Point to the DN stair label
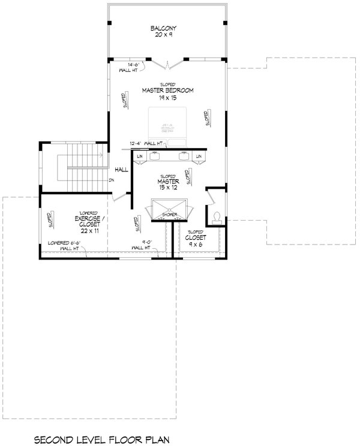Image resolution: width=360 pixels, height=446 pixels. pyautogui.click(x=112, y=180)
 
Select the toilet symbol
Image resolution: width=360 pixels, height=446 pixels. pyautogui.click(x=216, y=217)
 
